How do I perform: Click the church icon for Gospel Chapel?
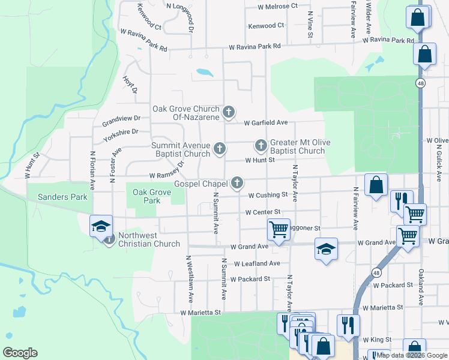pos(238,183)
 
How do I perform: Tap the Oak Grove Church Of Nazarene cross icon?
pos(228,112)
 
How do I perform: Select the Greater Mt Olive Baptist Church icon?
pos(261,145)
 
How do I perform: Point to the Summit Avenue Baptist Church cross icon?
pos(220,148)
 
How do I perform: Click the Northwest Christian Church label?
pos(149,239)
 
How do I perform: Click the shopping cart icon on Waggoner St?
pos(279,229)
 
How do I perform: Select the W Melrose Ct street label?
pos(277,6)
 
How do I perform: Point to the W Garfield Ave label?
pos(266,122)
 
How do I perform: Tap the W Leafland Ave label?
pos(257,263)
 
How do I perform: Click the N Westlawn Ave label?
pos(188,278)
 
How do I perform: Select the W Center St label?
pos(263,212)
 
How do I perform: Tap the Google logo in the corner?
pos(20,353)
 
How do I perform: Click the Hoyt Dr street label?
pos(130,85)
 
